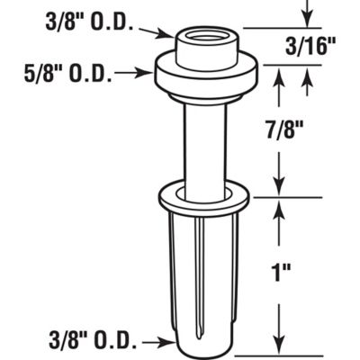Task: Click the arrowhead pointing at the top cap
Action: point(167,35)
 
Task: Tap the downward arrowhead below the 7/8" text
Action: point(280,189)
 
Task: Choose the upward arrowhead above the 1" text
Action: point(280,206)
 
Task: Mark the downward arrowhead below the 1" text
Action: point(280,350)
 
